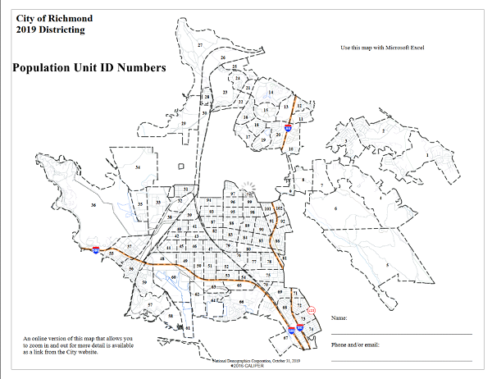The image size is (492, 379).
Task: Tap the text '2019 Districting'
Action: tap(50, 30)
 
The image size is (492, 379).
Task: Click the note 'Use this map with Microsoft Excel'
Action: tap(381, 48)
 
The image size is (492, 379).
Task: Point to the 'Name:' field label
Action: tap(340, 317)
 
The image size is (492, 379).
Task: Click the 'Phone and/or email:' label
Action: tap(355, 345)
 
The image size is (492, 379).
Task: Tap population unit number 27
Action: tap(200, 44)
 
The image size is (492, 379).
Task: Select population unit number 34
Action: tap(138, 167)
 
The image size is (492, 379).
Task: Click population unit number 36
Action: tap(94, 205)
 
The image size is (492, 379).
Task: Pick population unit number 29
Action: tap(184, 124)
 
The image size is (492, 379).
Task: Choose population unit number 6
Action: tap(336, 209)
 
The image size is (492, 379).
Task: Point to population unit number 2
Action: tap(383, 130)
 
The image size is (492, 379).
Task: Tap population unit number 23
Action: tap(225, 94)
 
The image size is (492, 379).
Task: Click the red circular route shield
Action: tap(311, 309)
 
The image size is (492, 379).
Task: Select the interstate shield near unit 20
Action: tap(288, 127)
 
